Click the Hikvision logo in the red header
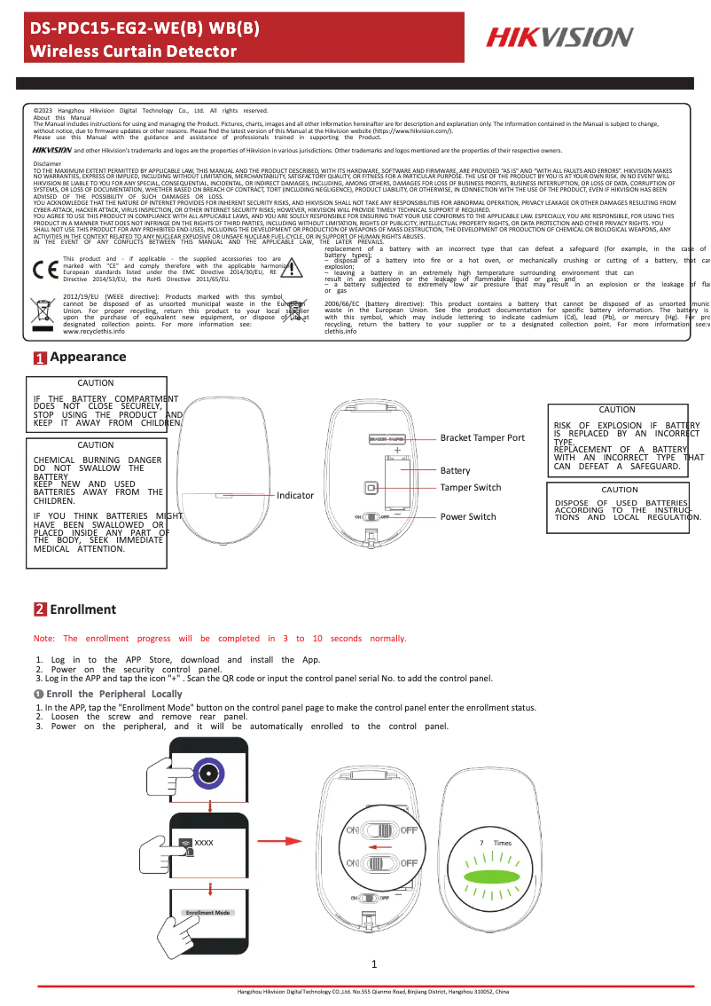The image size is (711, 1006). tap(559, 37)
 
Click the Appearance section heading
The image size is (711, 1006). tap(88, 382)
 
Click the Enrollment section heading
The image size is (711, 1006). tap(82, 609)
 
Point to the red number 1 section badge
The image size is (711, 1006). tap(40, 383)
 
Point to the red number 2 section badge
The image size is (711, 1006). tap(40, 609)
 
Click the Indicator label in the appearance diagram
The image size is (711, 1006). tap(295, 495)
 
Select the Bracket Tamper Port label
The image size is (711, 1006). tap(482, 437)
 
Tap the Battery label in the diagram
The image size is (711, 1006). tap(456, 470)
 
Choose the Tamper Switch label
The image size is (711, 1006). tap(471, 487)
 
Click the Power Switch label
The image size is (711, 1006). tap(468, 516)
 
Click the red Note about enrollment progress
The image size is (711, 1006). tap(219, 639)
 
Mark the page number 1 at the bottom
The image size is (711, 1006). tap(375, 964)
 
